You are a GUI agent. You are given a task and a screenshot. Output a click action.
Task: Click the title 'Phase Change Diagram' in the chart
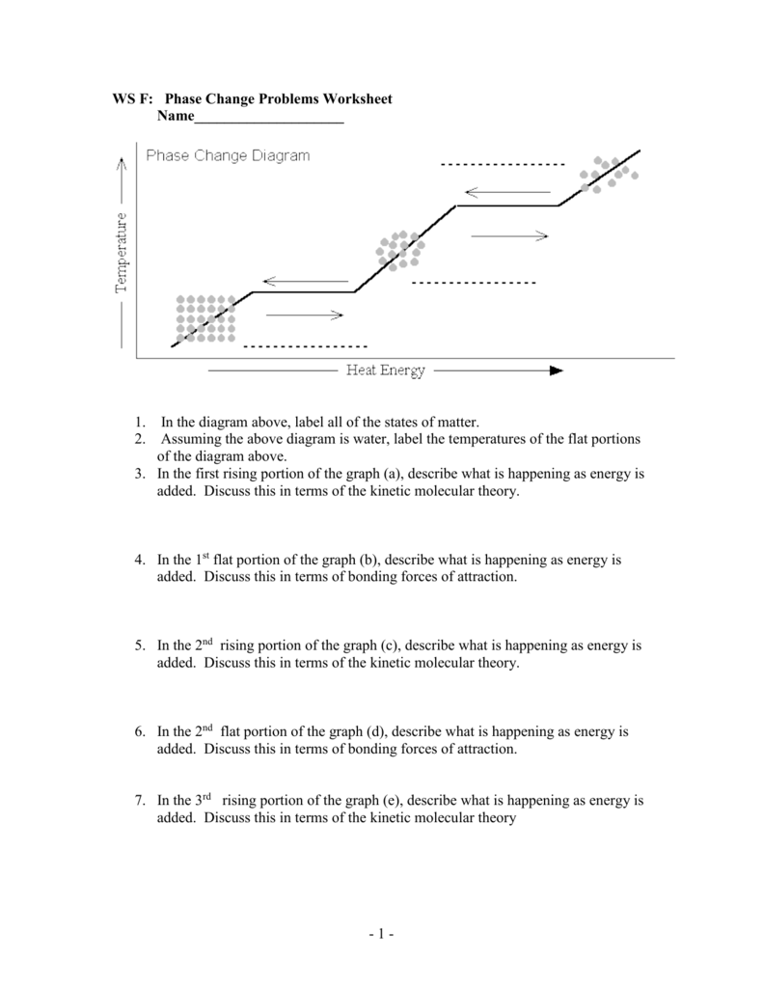tap(228, 156)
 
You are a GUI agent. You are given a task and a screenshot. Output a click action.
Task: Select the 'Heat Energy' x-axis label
tap(385, 370)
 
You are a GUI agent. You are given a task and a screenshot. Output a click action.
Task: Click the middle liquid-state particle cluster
tap(398, 249)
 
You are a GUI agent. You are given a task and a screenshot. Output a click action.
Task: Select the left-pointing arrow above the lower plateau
tap(305, 282)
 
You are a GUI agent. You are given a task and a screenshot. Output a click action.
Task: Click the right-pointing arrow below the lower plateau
tap(304, 314)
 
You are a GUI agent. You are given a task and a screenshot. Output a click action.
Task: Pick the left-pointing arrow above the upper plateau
tap(506, 191)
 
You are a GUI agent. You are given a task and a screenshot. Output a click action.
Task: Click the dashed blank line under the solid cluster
tap(305, 345)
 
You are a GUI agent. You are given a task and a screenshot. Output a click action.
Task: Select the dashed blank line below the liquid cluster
tap(473, 283)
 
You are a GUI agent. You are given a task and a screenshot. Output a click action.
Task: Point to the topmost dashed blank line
tap(502, 166)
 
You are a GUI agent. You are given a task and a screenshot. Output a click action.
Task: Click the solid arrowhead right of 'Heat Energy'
tap(555, 370)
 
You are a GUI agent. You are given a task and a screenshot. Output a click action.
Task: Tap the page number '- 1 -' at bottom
tap(381, 934)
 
